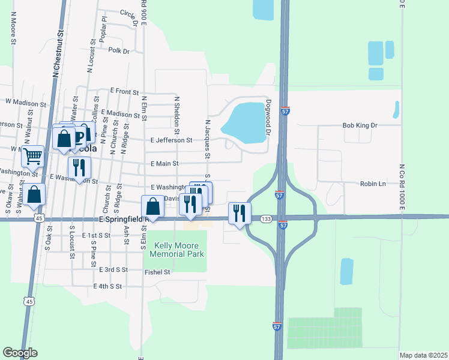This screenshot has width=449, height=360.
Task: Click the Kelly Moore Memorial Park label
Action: (179, 250)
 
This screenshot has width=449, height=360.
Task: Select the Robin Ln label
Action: (372, 184)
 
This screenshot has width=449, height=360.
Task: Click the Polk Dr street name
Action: (119, 51)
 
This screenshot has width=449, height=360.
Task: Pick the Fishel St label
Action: (158, 272)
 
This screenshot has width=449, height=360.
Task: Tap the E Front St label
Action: (124, 91)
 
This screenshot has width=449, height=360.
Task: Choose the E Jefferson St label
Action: (171, 140)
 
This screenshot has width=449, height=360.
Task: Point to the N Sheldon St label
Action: (176, 114)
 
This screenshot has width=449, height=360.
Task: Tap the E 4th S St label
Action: (107, 287)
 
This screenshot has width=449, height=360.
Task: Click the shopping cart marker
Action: (33, 156)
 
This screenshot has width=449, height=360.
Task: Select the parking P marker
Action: (79, 139)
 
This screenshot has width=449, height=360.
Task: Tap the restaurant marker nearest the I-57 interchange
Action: (240, 212)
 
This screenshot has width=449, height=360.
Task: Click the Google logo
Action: (20, 353)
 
